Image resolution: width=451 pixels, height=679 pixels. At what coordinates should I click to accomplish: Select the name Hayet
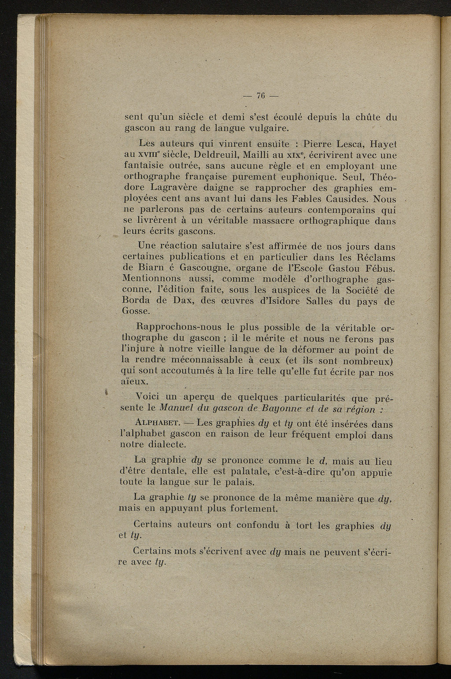[383, 144]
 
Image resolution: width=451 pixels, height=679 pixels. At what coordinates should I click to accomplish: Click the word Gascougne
[205, 268]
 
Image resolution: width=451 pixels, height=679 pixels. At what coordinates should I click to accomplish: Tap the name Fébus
[379, 268]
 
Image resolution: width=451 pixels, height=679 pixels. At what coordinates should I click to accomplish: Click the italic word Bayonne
[264, 409]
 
